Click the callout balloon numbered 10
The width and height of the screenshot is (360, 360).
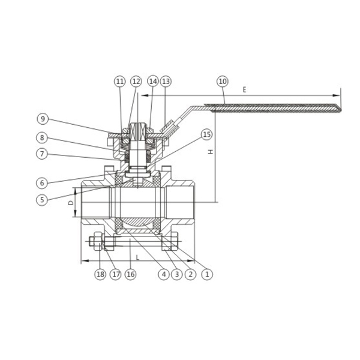coord(223,81)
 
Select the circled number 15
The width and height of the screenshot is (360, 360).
coord(206,134)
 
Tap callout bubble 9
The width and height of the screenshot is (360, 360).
coord(42,119)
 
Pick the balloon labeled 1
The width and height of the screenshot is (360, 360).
coord(207,274)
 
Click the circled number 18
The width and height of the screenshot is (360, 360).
coord(100,274)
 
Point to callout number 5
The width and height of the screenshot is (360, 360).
coord(42,200)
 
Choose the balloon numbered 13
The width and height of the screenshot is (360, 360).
coord(166,81)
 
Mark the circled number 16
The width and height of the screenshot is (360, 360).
coord(131,274)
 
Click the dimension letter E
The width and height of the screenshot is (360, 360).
coord(244,90)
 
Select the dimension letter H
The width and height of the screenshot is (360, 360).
coord(211,152)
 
